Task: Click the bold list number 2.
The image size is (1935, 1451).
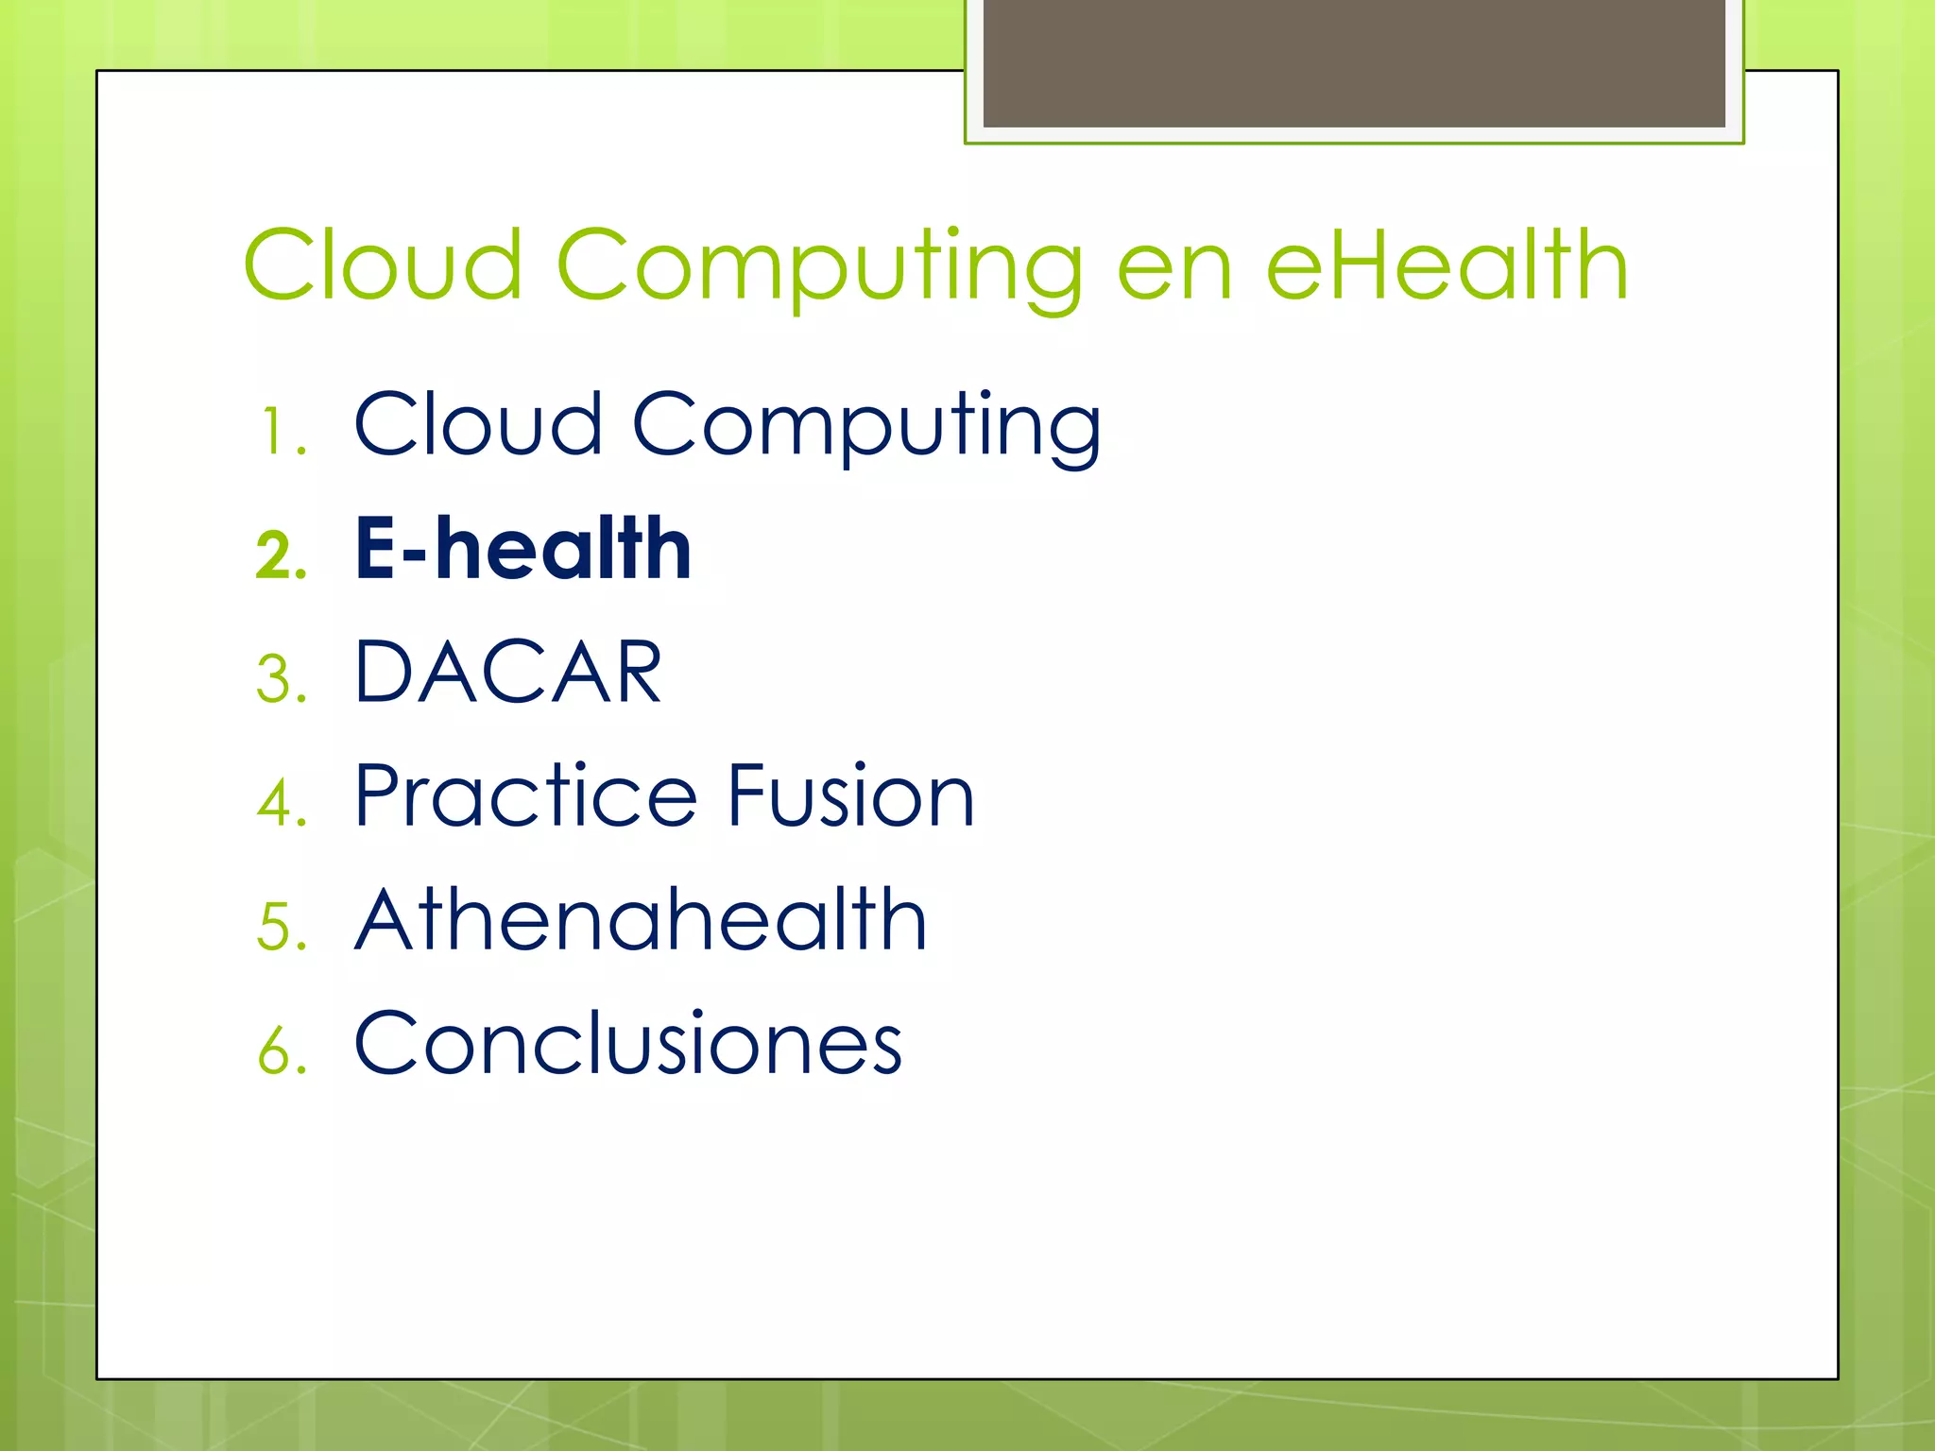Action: click(x=281, y=555)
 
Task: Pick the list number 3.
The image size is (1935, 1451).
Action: click(x=281, y=679)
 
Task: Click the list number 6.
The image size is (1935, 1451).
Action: click(x=281, y=1050)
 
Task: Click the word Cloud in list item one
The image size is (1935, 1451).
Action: click(x=478, y=424)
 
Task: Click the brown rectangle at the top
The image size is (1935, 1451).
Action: click(x=1354, y=62)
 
